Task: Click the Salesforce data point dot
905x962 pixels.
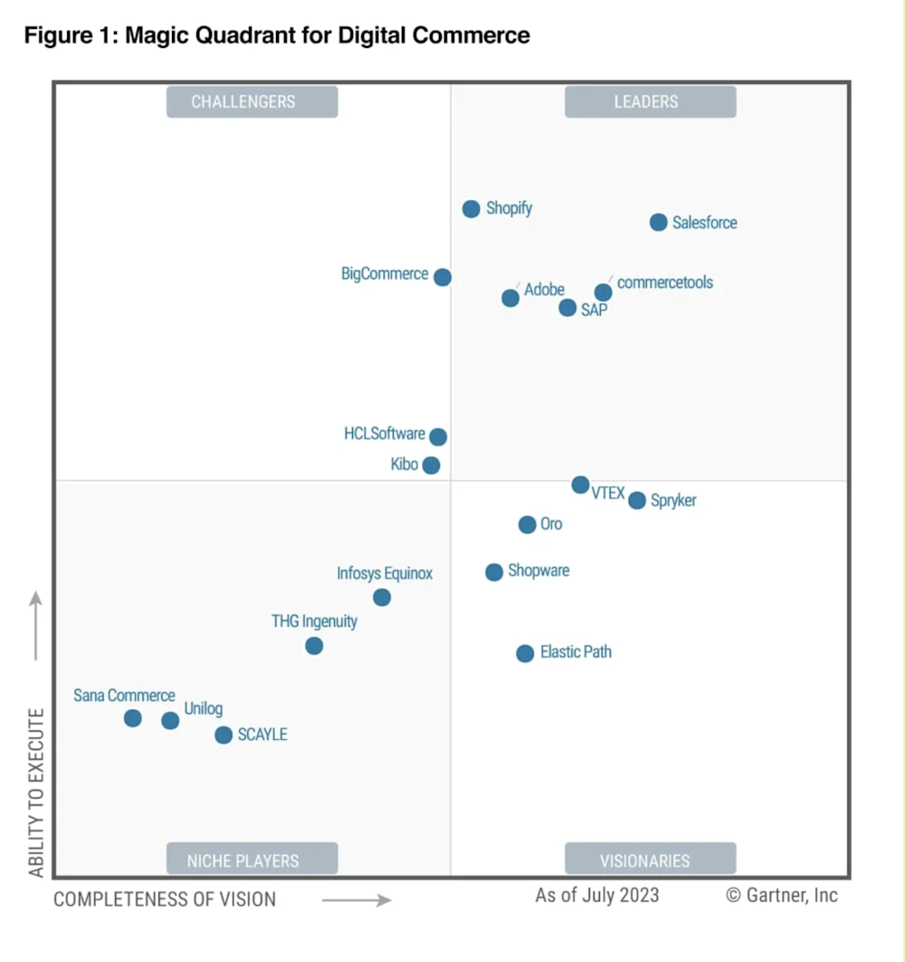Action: coord(659,223)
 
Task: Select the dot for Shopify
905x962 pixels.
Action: coord(472,209)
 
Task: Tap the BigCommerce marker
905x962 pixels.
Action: coord(443,277)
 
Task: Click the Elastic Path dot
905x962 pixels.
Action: coord(525,653)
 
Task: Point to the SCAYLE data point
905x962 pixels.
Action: coord(224,735)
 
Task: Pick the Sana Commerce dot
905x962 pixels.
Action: coord(133,718)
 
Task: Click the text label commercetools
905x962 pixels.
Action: coord(665,283)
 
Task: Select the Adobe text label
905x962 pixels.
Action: coord(544,290)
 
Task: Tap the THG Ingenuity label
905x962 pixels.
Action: coord(314,621)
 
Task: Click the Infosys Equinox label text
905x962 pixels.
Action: coord(385,573)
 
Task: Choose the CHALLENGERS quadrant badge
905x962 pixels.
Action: coord(252,101)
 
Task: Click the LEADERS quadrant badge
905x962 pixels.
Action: coord(650,101)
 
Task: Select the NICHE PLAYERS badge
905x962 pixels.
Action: coord(252,859)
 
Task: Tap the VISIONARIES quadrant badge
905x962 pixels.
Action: coord(650,859)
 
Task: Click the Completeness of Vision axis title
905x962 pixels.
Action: coord(165,899)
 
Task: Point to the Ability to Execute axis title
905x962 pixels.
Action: coord(36,793)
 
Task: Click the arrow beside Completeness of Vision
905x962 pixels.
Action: coord(357,899)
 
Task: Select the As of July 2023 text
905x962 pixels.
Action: coord(597,896)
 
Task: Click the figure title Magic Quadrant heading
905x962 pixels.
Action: coord(277,36)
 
